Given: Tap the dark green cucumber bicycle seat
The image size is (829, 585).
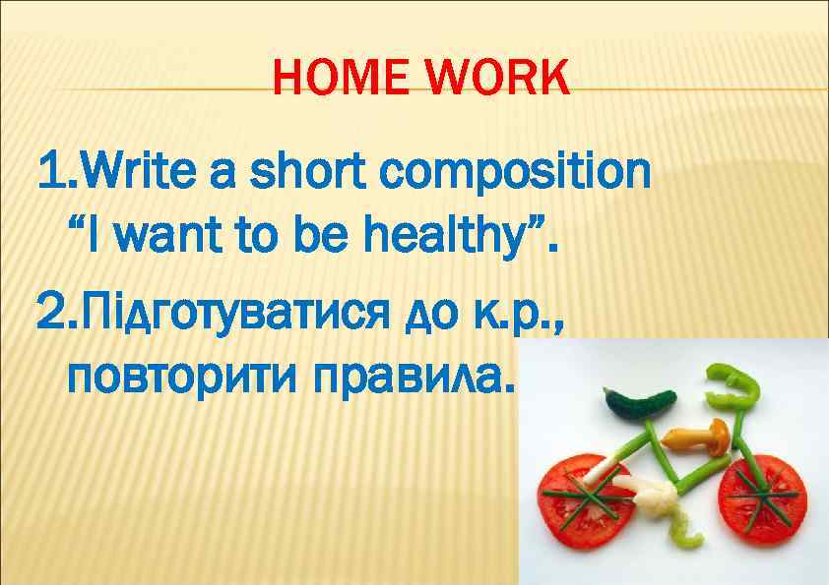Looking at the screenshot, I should point(639,401).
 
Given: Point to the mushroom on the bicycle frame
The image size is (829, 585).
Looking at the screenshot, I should point(697,435).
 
